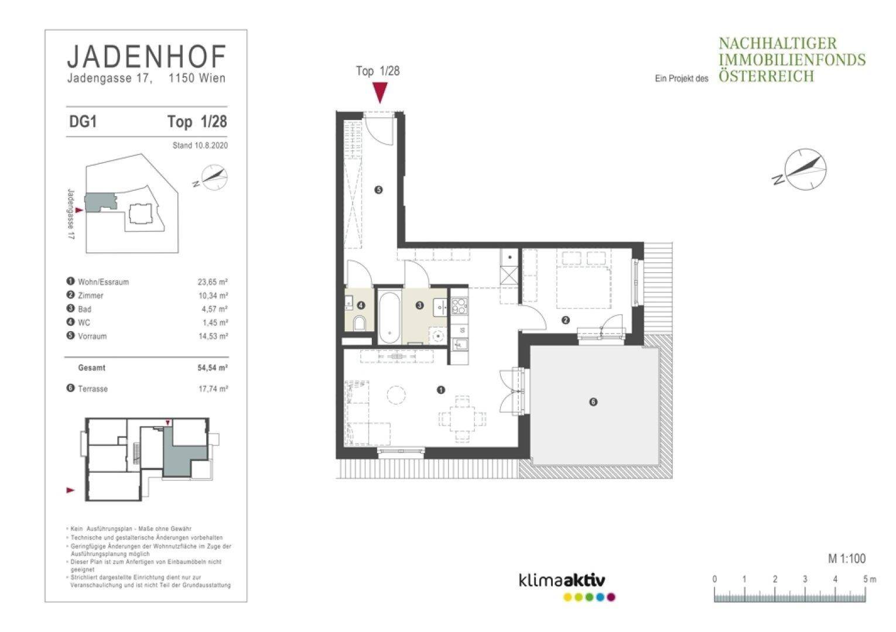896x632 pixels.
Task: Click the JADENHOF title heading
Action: click(x=147, y=57)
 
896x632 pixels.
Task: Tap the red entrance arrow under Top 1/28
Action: click(x=379, y=92)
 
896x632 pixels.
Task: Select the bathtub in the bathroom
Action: click(x=389, y=318)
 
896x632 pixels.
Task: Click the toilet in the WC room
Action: click(x=360, y=323)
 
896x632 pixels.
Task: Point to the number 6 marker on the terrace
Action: click(x=593, y=402)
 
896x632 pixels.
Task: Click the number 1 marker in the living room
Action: click(x=441, y=390)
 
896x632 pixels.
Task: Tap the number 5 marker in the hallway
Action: click(x=378, y=190)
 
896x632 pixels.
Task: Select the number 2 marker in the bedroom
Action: click(x=566, y=320)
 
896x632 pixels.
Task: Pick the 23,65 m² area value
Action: click(x=213, y=282)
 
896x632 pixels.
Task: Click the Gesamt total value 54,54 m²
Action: click(x=213, y=367)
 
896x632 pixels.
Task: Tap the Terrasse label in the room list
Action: click(x=93, y=389)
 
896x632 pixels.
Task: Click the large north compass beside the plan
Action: click(x=805, y=170)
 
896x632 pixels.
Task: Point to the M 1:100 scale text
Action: click(x=846, y=558)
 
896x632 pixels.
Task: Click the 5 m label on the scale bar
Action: click(x=869, y=579)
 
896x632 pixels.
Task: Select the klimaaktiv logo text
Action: click(x=562, y=580)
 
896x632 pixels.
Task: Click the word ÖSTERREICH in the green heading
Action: click(x=766, y=76)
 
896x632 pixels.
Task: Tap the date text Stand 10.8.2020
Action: click(x=200, y=146)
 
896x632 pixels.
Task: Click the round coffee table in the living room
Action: click(x=396, y=395)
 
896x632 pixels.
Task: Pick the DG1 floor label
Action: click(x=83, y=122)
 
